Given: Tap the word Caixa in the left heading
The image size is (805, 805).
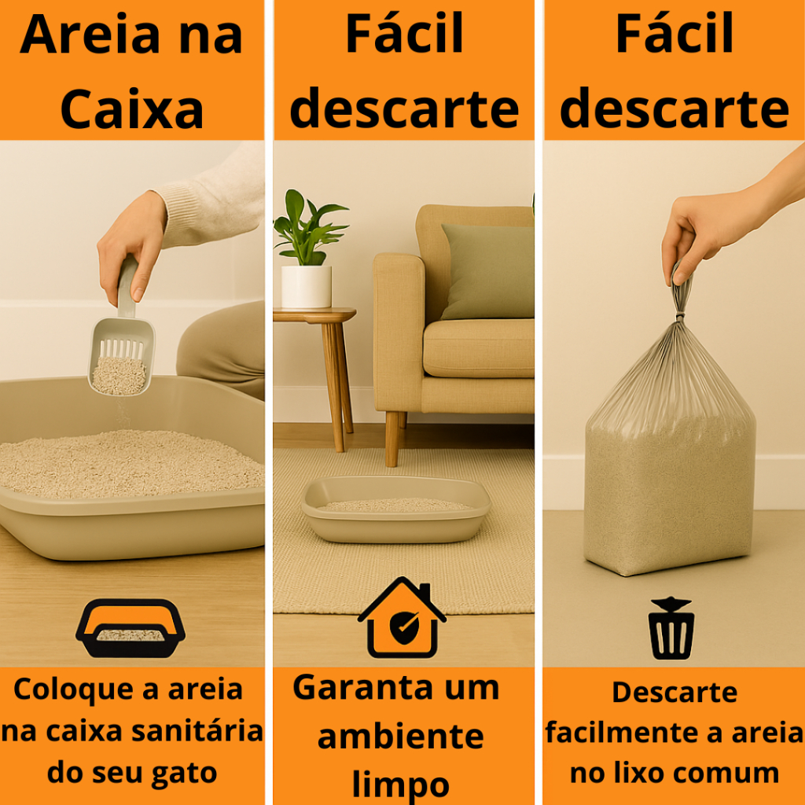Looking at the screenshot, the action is tap(132, 109).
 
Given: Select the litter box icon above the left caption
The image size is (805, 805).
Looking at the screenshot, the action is tap(130, 628).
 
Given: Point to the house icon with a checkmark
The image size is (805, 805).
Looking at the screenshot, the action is tap(402, 618).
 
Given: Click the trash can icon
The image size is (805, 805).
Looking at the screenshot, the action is tap(671, 628).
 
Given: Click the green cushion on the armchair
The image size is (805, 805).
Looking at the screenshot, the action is tap(487, 271).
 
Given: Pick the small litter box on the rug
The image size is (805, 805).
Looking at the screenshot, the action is tap(396, 509).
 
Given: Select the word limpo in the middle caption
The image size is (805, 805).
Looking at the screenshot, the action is tap(400, 785).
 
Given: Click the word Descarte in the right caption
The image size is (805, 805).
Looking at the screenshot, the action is tap(675, 692).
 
